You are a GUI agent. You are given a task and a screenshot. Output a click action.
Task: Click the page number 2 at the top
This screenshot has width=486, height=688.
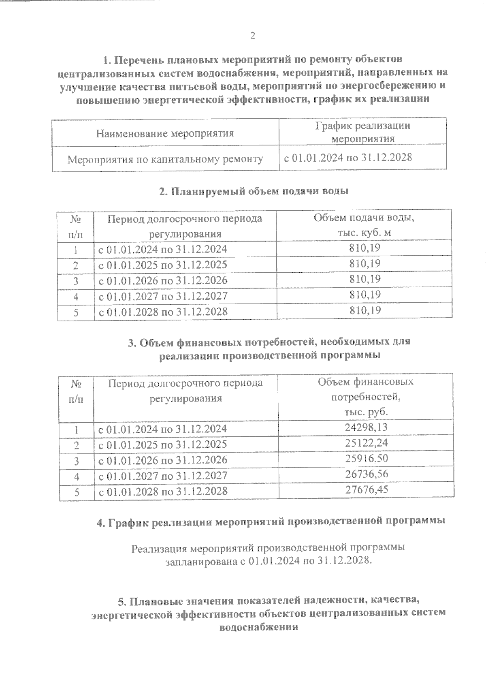click(253, 36)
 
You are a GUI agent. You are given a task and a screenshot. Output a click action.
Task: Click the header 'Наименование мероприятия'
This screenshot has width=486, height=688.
click(165, 133)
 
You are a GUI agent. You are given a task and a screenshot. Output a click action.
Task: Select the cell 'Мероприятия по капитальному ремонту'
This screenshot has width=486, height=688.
click(165, 159)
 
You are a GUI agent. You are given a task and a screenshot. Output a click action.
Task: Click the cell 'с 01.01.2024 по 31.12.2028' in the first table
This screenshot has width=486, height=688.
click(347, 158)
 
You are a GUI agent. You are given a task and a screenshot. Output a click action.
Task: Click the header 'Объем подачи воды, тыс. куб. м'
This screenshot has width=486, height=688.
click(364, 225)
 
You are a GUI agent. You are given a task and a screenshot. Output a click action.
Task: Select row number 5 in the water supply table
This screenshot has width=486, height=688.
click(76, 312)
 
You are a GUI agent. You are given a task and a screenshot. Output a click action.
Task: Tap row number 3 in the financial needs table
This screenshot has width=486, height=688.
click(76, 461)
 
